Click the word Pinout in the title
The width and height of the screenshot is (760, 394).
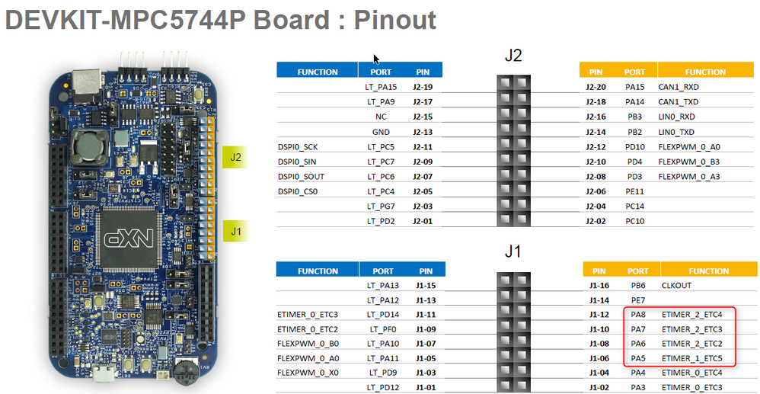point(395,20)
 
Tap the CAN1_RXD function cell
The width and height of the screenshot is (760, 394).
point(681,87)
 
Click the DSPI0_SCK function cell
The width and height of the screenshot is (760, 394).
point(299,146)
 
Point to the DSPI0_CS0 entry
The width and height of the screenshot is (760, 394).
point(298,191)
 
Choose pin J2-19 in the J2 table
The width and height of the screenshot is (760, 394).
point(423,87)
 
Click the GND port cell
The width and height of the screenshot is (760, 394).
point(381,132)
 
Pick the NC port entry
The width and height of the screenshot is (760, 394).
point(381,117)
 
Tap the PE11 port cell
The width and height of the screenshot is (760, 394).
point(635,191)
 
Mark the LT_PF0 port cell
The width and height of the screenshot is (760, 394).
point(383,329)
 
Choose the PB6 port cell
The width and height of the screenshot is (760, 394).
point(637,285)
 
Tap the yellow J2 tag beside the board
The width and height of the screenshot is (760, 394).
point(236,159)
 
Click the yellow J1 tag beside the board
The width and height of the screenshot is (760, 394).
point(236,230)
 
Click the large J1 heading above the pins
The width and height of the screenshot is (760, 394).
point(513,251)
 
